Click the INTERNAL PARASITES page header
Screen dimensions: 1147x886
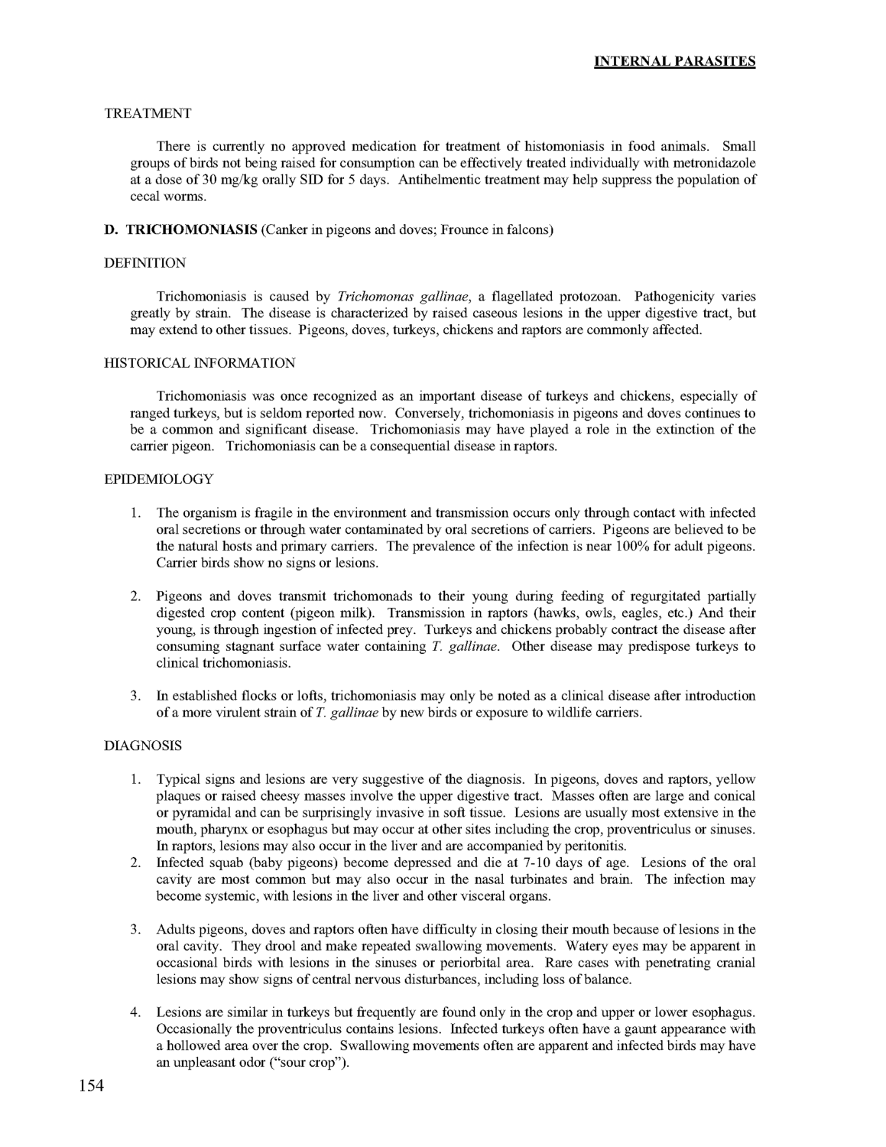675,61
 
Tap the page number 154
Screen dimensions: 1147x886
91,1085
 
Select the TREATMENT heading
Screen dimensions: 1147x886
148,113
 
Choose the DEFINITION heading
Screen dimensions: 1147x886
144,263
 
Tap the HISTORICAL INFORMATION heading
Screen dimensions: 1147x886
199,362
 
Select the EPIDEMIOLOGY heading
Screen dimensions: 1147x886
158,479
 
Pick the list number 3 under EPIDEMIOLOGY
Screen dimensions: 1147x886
135,696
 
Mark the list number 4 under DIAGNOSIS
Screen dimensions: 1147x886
135,1013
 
